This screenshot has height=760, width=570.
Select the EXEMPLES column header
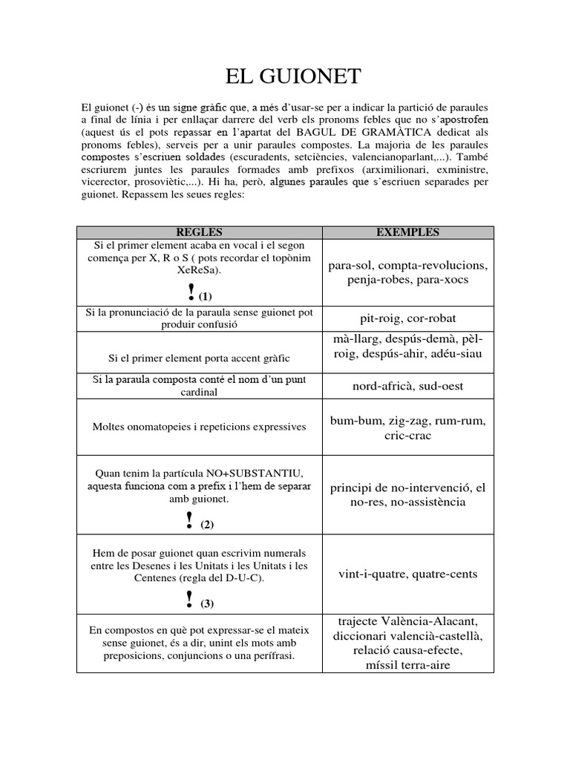(x=407, y=232)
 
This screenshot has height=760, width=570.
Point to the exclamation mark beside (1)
(x=191, y=292)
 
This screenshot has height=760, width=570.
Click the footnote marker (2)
(x=206, y=525)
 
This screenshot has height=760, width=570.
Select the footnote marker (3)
(x=206, y=603)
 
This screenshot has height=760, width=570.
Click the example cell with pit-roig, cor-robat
(x=407, y=319)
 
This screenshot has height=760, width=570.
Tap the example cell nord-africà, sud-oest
(x=407, y=386)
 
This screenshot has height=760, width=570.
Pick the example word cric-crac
(x=407, y=436)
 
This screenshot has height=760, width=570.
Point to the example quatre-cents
(x=445, y=574)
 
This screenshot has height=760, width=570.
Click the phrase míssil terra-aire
(x=407, y=664)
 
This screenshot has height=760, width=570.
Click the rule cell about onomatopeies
(x=198, y=427)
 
